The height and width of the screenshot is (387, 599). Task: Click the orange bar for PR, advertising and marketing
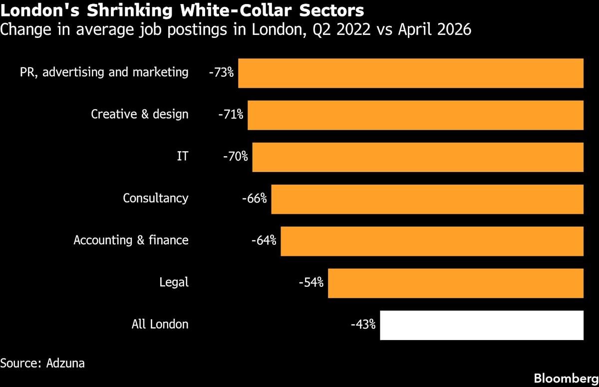point(411,73)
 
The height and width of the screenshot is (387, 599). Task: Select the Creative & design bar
point(415,115)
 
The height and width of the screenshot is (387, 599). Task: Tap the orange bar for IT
point(418,157)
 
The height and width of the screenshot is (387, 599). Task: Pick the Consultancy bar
point(427,199)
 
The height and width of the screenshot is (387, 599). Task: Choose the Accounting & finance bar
point(432,241)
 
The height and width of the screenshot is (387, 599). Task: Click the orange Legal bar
point(456,283)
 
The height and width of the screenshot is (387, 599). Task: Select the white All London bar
point(482,325)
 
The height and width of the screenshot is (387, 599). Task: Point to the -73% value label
point(221,72)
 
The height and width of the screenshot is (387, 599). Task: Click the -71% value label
point(231,114)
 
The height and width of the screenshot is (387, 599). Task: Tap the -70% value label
point(235,156)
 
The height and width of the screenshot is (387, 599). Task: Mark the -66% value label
point(254,198)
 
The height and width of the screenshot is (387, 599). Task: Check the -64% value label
point(264,240)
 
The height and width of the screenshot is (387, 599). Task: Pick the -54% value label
point(311,282)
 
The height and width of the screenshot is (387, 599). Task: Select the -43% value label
point(363,324)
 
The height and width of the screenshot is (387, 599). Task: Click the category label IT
point(183,156)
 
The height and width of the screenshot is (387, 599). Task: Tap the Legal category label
point(174,282)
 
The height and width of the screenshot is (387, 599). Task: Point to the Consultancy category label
point(156,198)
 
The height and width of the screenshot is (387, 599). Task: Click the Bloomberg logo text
point(566,379)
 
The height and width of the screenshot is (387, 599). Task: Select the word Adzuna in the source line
point(65,363)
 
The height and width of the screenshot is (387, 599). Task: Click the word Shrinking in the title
point(130,11)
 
